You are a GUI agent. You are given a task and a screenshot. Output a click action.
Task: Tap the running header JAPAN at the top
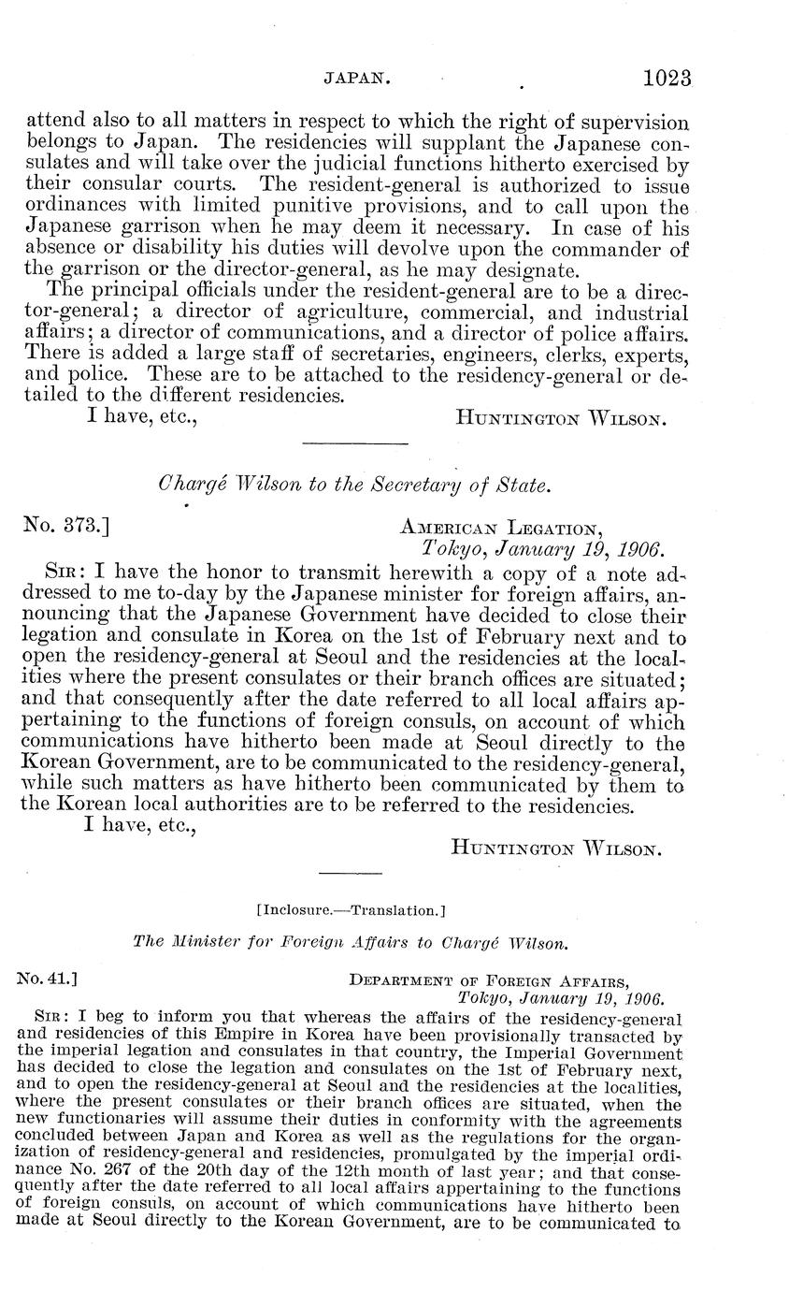357,80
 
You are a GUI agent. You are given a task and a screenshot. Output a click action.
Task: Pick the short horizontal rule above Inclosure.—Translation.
351,872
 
